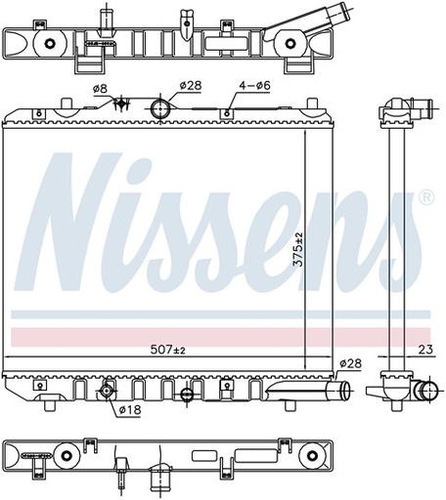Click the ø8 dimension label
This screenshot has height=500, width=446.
[99, 89]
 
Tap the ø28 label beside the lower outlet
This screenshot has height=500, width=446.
[351, 364]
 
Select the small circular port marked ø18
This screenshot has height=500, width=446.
[108, 392]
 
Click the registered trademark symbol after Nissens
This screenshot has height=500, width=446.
[425, 198]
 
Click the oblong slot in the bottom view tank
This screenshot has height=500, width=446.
[218, 456]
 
